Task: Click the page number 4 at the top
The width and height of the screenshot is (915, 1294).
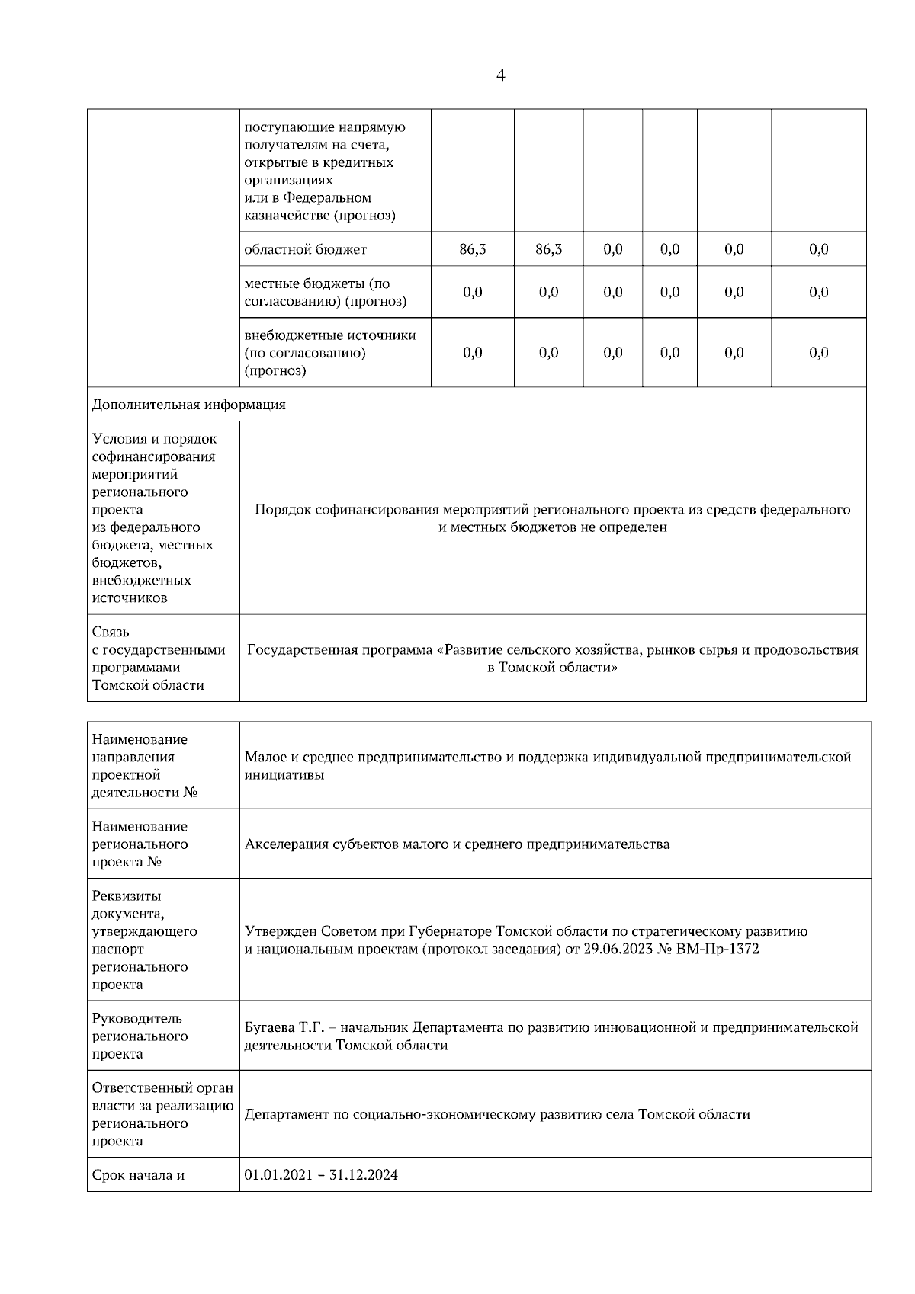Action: (x=500, y=75)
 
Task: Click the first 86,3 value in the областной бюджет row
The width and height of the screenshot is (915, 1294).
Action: (x=472, y=249)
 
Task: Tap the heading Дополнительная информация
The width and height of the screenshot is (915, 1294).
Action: (x=188, y=405)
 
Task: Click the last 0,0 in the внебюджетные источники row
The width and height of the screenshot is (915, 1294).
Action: (x=818, y=352)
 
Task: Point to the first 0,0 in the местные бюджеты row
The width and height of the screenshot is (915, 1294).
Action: (x=472, y=292)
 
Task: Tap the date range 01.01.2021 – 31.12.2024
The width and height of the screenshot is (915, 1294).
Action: (x=321, y=1174)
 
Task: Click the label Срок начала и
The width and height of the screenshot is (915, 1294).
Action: (x=138, y=1174)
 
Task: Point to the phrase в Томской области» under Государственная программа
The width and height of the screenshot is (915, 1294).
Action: (x=553, y=668)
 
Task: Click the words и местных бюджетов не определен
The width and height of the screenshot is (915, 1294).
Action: (x=553, y=527)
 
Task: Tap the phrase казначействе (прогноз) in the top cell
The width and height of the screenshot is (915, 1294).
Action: (x=319, y=216)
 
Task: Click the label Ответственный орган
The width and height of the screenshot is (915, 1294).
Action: (x=162, y=1087)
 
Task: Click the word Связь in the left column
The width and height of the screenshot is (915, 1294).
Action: (x=111, y=632)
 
